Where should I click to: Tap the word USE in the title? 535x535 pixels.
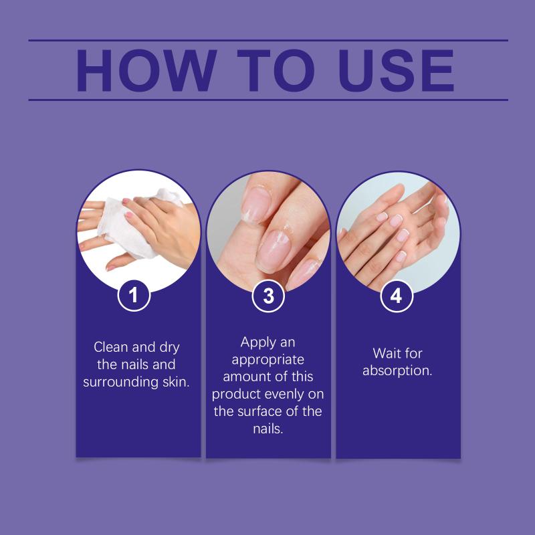point(396,71)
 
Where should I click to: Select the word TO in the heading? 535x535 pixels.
point(276,71)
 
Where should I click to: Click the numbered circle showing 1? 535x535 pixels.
point(134,296)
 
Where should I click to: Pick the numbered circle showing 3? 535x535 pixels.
point(269,296)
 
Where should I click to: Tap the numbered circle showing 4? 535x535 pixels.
point(397,296)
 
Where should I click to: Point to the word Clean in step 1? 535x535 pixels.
point(111,347)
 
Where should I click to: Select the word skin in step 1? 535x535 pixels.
point(176,382)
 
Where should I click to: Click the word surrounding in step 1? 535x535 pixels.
point(121,383)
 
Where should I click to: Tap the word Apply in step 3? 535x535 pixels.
point(255,342)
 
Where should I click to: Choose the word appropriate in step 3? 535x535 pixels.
point(268,360)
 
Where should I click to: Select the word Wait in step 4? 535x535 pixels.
point(387,354)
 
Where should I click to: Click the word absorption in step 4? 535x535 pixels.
point(397,371)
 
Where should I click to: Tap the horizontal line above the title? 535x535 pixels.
point(268,40)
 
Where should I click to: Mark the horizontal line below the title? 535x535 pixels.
point(268,100)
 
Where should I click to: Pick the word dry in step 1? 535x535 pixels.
point(170,348)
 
